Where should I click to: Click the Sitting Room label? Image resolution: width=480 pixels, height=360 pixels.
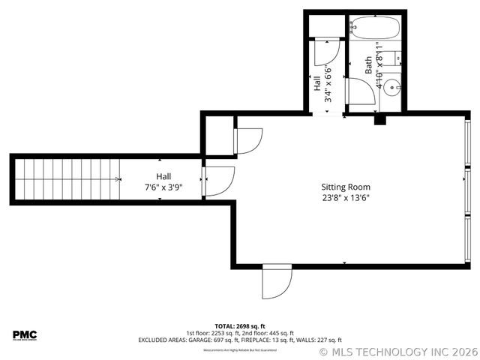pyautogui.click(x=346, y=187)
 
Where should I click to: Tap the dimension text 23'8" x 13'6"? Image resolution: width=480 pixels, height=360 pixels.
pyautogui.click(x=346, y=198)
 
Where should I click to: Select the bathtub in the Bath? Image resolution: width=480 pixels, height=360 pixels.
pyautogui.click(x=375, y=27)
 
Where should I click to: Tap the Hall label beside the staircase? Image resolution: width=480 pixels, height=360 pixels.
pyautogui.click(x=163, y=176)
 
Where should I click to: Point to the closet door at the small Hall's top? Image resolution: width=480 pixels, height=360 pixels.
pyautogui.click(x=327, y=52)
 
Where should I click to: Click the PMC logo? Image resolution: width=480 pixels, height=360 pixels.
pyautogui.click(x=24, y=334)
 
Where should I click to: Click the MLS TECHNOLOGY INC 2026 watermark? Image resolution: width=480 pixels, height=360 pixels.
pyautogui.click(x=397, y=351)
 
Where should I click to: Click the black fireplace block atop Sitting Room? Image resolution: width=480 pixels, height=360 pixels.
pyautogui.click(x=379, y=118)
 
